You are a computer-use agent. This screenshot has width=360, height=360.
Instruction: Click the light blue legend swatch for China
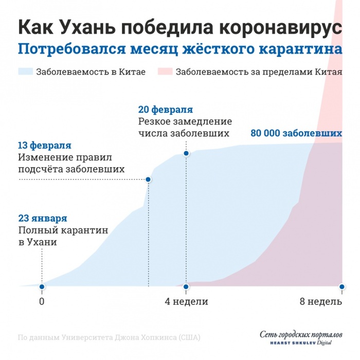[x=26, y=71]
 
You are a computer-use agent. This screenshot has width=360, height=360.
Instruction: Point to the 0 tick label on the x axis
[x=42, y=301]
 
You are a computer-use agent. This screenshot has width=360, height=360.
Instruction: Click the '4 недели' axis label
[x=186, y=301]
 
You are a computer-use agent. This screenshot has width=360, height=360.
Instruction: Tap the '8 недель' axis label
[x=321, y=301]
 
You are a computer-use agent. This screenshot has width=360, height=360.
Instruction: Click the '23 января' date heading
[x=43, y=218]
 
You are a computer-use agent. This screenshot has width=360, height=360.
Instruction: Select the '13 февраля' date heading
[x=45, y=146]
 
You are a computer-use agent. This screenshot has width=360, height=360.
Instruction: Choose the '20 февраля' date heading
[x=166, y=110]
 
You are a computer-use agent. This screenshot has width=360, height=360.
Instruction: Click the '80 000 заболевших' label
[x=296, y=133]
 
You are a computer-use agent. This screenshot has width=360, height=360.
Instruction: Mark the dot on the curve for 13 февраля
[x=148, y=179]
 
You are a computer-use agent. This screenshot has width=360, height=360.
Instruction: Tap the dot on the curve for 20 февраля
[x=186, y=153]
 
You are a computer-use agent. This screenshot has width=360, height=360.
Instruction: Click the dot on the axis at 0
[x=42, y=286]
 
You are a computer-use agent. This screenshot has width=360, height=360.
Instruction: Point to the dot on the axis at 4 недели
[x=186, y=286]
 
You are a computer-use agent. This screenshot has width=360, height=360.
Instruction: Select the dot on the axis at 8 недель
[x=342, y=286]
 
